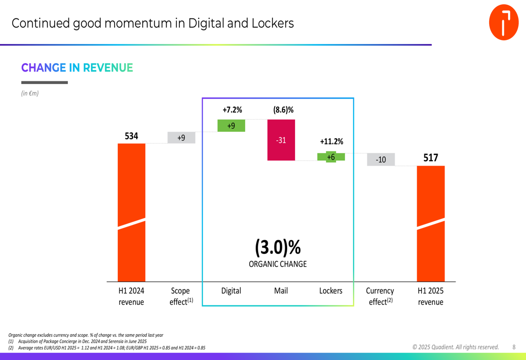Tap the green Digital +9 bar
[231, 126]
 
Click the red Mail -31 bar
[281, 140]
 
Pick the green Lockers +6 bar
[331, 157]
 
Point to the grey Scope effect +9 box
[181, 138]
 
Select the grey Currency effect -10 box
[381, 159]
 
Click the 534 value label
[131, 136]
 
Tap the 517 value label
[431, 158]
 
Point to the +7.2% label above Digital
[232, 110]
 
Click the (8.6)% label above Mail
[283, 110]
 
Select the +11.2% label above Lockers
[331, 141]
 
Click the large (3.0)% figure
[278, 247]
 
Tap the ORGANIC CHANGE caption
[278, 264]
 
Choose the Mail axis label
[281, 291]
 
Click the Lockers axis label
[331, 291]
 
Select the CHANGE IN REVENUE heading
[77, 68]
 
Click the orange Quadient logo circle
[503, 23]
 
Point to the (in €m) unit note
[30, 94]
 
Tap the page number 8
[514, 347]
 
